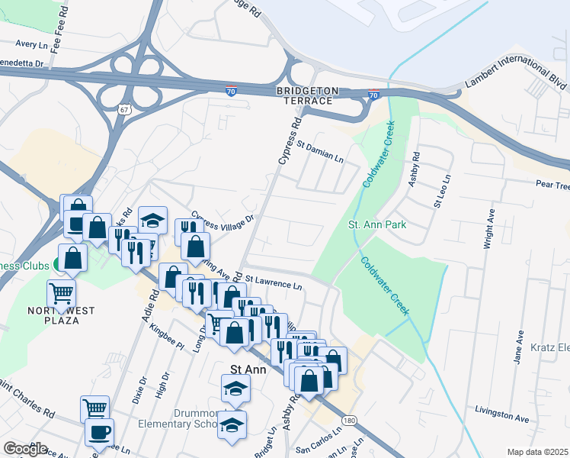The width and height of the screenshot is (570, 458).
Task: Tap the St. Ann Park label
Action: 377,224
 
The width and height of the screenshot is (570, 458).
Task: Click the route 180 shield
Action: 349,421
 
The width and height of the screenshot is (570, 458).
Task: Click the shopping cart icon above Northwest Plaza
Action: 62,292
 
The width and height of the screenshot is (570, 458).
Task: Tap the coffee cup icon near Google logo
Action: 99,431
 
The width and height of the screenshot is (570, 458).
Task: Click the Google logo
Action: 25,449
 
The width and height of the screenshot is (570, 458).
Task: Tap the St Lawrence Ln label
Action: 274,281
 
